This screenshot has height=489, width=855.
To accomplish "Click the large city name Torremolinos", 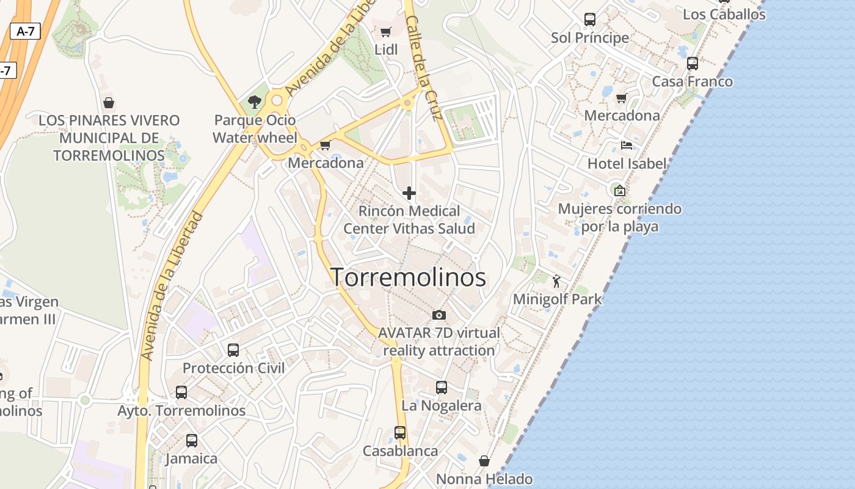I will coord(408,277).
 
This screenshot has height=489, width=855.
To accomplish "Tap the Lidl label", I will coord(386,49).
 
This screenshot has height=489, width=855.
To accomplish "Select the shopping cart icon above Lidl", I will coord(386,32).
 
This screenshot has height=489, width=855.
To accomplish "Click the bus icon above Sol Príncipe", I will coord(589,19).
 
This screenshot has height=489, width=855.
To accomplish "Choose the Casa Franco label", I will coord(692,81).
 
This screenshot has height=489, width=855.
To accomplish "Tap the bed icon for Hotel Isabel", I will coord(627,145).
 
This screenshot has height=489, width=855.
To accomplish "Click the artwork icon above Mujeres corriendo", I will coord(620,191).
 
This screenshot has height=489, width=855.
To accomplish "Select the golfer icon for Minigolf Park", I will coord(556,281).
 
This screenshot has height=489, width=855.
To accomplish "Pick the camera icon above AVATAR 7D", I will coord(438,315).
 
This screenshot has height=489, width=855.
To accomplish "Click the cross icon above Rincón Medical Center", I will coord(409,194).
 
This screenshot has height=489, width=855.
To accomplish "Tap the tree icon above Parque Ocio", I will coord(255,102).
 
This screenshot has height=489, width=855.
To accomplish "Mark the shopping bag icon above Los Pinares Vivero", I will coord(109,103).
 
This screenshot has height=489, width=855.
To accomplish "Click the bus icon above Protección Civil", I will coord(233,350).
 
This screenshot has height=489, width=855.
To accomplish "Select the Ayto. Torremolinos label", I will coord(181,410).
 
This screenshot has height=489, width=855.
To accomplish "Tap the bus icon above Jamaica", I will coord(191,441).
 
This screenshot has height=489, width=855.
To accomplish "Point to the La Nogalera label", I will coord(441,405).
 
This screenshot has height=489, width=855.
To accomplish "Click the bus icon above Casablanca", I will coord(400,433).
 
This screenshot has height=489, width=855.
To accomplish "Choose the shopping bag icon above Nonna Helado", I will coord(484,461).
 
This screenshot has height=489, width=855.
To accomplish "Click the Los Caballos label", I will coord(724,14).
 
